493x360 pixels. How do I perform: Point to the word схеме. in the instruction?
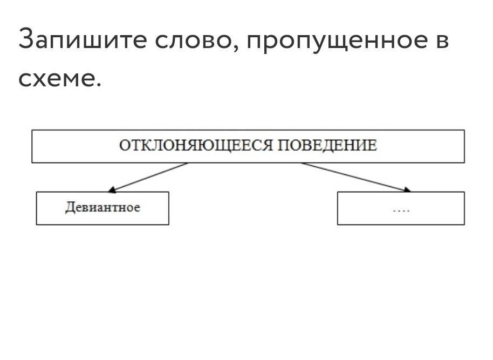pos(59,79)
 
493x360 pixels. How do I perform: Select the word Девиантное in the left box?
pos(102,208)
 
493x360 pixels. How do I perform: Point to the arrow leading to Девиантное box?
pos(148,177)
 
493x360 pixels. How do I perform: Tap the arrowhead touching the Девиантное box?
pos(111,189)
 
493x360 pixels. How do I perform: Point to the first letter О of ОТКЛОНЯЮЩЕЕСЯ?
pos(124,146)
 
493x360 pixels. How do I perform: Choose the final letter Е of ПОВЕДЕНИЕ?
pos(372,146)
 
